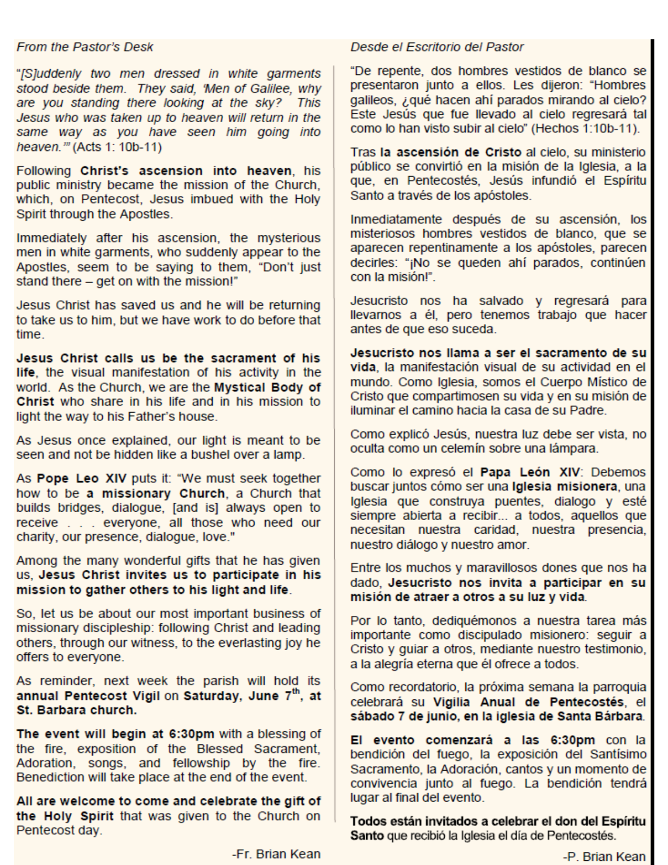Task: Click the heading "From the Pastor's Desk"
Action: coord(85,47)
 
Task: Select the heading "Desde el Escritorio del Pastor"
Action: coord(437,47)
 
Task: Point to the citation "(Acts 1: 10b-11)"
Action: coord(117,147)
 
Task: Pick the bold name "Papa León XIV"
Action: coord(530,472)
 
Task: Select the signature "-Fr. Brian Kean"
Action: coord(276,854)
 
